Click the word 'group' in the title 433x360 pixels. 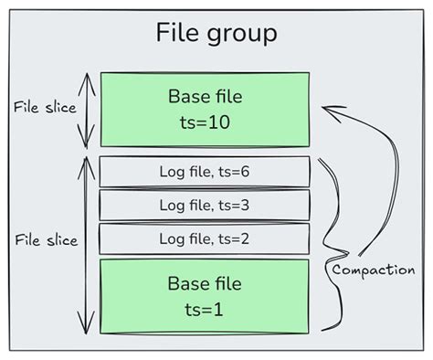click(x=240, y=36)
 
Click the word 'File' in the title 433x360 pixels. click(x=176, y=34)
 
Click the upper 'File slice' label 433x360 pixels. click(x=45, y=106)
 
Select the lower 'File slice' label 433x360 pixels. click(x=45, y=240)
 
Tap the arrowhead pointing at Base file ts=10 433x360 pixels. click(x=328, y=111)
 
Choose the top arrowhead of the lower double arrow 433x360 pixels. click(x=87, y=161)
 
